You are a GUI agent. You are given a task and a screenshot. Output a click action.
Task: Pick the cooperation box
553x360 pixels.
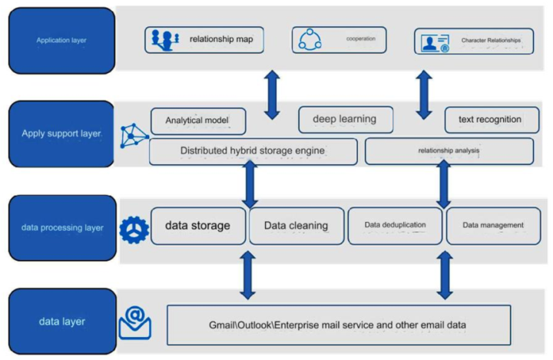pos(338,39)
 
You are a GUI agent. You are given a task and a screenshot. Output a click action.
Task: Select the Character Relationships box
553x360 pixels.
pos(473,40)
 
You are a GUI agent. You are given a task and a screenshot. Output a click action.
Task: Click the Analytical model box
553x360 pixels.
pos(198,121)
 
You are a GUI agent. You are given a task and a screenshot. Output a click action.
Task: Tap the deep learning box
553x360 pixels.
pos(345,119)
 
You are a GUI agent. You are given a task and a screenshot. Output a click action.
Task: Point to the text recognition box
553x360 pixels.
pos(489,119)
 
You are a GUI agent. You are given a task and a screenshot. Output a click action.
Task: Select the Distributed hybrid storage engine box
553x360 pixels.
pos(253,151)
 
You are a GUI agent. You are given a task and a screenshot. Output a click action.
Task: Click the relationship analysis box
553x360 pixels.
pos(449,151)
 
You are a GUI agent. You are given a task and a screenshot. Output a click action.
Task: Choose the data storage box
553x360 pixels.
pos(198,226)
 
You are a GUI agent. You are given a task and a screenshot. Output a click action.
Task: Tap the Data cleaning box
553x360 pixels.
pos(296,226)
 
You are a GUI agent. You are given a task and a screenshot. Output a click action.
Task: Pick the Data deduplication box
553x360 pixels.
pos(395,226)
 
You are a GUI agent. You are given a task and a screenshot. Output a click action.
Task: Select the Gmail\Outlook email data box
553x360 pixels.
pos(338,325)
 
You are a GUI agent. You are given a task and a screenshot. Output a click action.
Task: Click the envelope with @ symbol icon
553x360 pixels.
pos(134,323)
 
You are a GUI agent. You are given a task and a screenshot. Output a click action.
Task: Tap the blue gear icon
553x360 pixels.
pos(134,228)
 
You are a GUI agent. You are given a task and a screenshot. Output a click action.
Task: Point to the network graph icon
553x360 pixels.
pos(134,136)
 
